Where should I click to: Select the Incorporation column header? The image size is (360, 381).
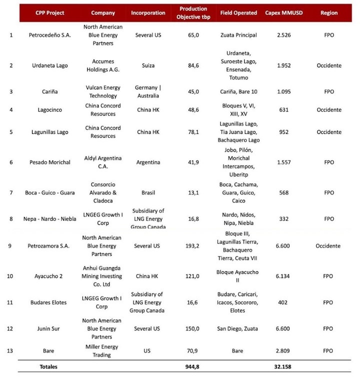tap(148, 12)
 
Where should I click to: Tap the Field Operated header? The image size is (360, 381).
tap(238, 12)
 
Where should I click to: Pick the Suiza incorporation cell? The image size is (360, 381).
tap(148, 65)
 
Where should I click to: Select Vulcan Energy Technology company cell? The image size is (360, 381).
tap(103, 91)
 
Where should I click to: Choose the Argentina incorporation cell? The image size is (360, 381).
tap(148, 162)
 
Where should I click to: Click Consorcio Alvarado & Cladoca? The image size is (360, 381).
tap(103, 193)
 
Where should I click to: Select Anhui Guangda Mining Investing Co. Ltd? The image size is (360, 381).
tap(103, 275)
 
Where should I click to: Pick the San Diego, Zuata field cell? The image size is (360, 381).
tap(238, 328)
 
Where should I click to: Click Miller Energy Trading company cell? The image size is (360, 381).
tap(103, 350)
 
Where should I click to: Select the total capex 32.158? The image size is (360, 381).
tap(282, 366)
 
